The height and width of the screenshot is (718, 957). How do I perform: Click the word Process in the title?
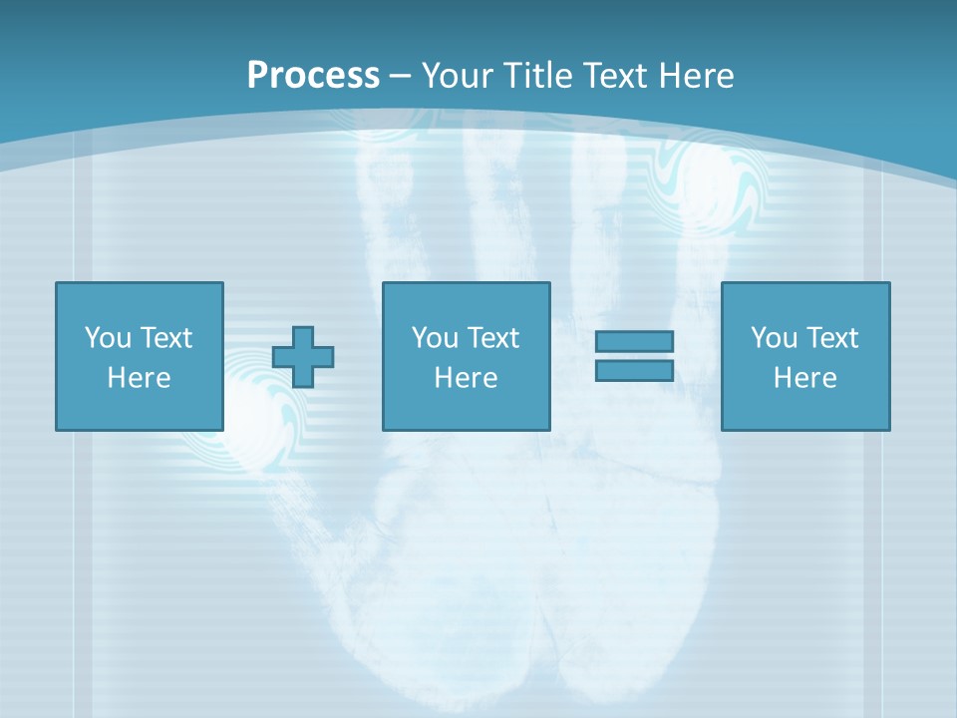point(313,76)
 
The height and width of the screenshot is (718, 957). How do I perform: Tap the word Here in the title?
point(695,76)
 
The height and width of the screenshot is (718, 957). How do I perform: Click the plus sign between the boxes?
point(303,356)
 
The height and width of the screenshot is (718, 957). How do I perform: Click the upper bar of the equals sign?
point(634,341)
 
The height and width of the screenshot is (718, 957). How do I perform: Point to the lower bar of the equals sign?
point(634,370)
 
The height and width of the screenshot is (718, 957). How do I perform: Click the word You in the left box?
point(108,338)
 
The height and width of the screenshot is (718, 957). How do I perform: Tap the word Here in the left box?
point(139,378)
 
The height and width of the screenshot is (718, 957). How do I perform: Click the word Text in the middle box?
point(493,338)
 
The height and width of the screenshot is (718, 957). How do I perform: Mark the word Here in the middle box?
point(466,378)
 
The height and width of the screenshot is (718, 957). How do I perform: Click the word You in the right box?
point(774,338)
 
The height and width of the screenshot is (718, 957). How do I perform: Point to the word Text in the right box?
point(832,338)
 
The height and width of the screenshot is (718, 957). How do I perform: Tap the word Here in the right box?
point(804,378)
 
